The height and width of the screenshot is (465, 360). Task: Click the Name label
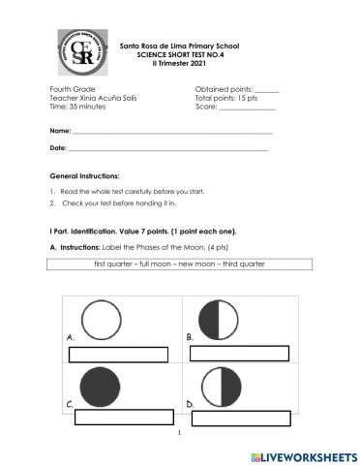(x=59, y=130)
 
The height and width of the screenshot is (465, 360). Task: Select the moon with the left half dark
(x=221, y=319)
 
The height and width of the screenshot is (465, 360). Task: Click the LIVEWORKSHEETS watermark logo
(x=304, y=455)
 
